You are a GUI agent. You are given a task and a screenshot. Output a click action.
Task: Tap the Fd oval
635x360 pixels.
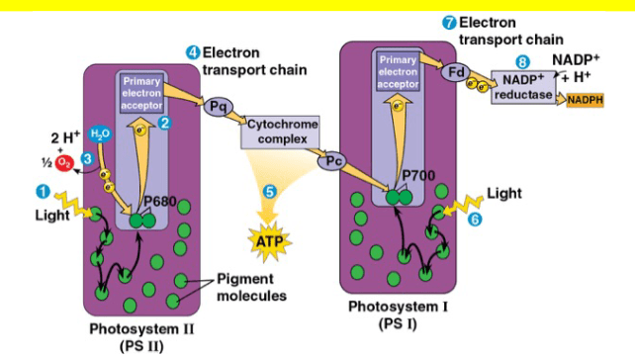(x=456, y=72)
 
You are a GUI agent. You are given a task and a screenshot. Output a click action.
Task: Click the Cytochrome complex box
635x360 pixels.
(x=281, y=133)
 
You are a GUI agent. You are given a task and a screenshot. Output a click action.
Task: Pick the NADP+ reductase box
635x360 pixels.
(x=523, y=87)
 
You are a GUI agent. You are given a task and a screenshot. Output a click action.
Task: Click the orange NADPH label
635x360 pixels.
(x=586, y=100)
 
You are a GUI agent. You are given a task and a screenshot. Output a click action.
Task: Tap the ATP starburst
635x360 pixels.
(x=269, y=241)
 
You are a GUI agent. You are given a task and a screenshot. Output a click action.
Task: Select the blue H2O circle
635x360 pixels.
(x=100, y=134)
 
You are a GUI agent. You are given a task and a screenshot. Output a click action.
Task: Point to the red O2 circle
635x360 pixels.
(x=64, y=162)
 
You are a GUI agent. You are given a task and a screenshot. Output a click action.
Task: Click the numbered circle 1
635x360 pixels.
(x=43, y=192)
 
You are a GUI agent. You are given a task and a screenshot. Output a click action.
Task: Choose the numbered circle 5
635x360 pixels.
(x=270, y=192)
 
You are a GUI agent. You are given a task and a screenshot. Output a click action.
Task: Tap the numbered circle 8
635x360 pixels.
(x=522, y=62)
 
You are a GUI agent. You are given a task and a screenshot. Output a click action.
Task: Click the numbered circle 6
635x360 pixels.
(x=475, y=220)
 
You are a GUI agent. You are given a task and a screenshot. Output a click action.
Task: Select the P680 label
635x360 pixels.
(x=160, y=201)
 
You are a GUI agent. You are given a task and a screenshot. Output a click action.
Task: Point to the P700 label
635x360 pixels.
(x=418, y=175)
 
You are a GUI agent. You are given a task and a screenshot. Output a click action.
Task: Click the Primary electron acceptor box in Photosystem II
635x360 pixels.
(x=141, y=94)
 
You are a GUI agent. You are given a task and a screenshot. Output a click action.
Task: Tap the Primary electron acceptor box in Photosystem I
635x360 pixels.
(x=398, y=71)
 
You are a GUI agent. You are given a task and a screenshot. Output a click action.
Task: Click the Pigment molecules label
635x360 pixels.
(x=251, y=287)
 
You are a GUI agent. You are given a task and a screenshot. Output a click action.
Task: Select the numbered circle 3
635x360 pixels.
(x=87, y=158)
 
